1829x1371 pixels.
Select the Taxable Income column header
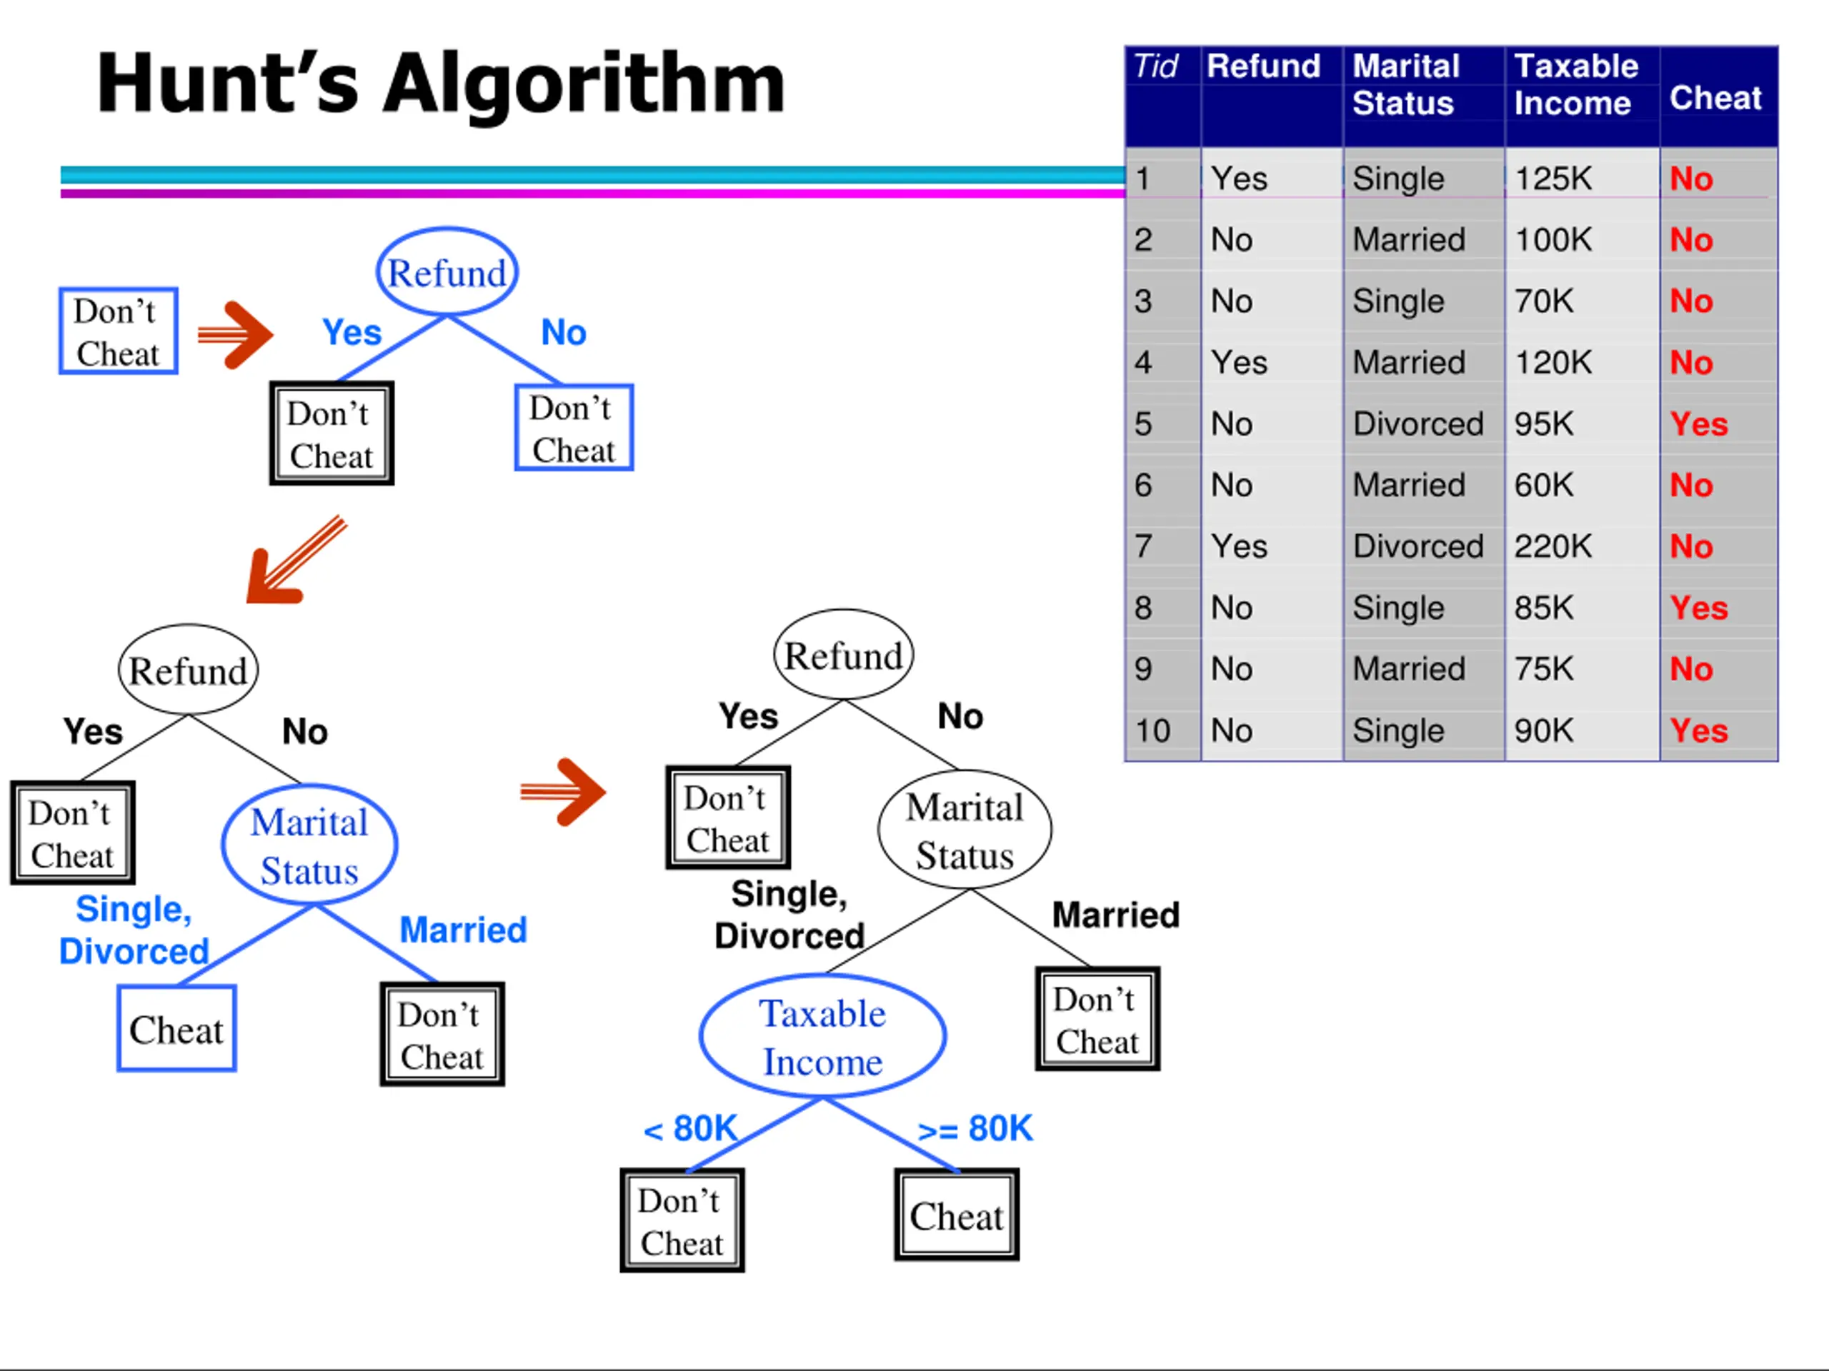pyautogui.click(x=1575, y=84)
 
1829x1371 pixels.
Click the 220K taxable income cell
pyautogui.click(x=1552, y=546)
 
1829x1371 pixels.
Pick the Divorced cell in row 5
pyautogui.click(x=1417, y=424)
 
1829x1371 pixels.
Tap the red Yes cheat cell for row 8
pyautogui.click(x=1698, y=608)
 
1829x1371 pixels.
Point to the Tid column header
pyautogui.click(x=1155, y=66)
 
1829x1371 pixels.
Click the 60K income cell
pyautogui.click(x=1543, y=485)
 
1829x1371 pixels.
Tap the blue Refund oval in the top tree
pyautogui.click(x=447, y=272)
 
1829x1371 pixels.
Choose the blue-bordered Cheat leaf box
pyautogui.click(x=176, y=1029)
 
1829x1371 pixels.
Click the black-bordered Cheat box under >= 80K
pyautogui.click(x=957, y=1215)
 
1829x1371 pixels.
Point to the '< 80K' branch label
pyautogui.click(x=689, y=1129)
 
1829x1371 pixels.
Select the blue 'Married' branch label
pyautogui.click(x=463, y=930)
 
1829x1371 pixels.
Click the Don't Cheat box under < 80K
pyautogui.click(x=682, y=1220)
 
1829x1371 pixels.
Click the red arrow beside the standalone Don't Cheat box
pyautogui.click(x=235, y=334)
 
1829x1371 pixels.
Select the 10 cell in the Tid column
pyautogui.click(x=1152, y=730)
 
